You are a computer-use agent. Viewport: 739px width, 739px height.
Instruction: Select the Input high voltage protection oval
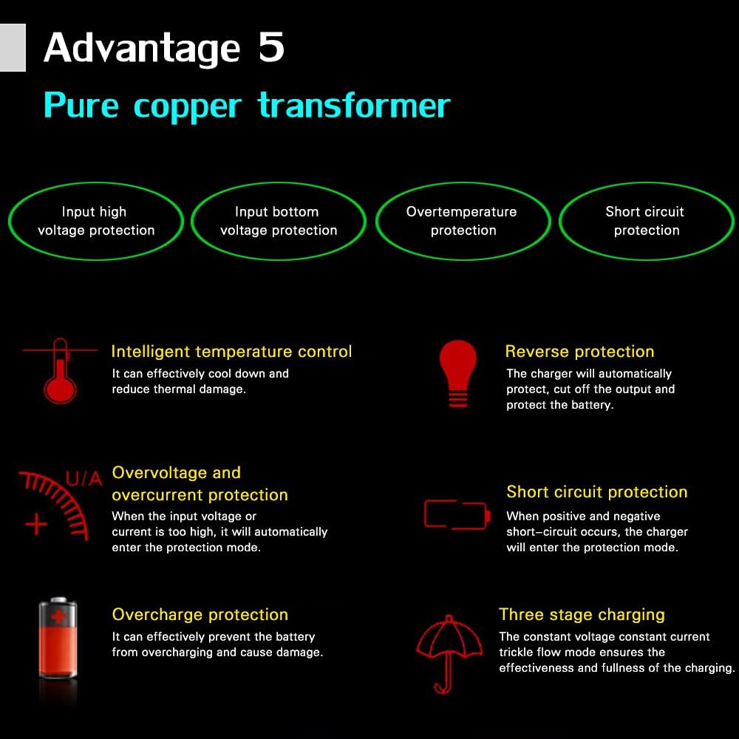click(95, 221)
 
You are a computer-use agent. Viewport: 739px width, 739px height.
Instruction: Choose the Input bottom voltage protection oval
click(279, 221)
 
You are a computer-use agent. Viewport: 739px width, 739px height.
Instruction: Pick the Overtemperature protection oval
click(463, 221)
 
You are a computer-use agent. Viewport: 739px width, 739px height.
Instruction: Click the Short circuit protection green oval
click(646, 221)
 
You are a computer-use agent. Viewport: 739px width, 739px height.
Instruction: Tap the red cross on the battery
click(57, 618)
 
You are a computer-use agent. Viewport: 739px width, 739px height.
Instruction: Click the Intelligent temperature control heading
click(231, 352)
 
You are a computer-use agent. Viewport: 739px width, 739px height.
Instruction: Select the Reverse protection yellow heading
click(579, 352)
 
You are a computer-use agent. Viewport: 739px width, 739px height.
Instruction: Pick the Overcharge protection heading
click(200, 615)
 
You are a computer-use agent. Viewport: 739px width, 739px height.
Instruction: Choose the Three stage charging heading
click(582, 615)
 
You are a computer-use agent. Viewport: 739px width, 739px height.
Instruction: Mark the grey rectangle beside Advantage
click(13, 47)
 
